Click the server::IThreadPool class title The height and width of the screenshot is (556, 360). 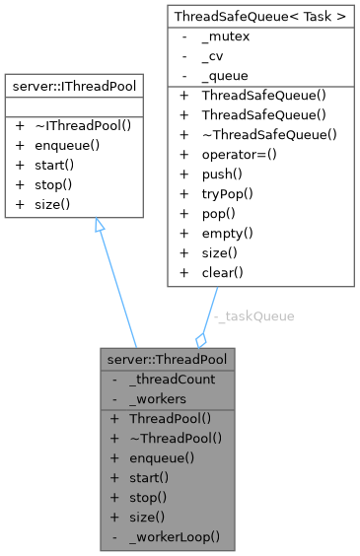75,87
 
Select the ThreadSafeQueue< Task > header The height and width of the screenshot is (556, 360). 260,17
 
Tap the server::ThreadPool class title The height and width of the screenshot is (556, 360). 167,360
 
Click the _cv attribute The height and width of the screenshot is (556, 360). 214,57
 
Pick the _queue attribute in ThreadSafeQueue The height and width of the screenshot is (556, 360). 225,75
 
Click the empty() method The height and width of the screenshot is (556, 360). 228,234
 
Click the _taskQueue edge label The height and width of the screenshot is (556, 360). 254,315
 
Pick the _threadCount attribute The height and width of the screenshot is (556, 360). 172,379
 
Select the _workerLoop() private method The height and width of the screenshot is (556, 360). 174,538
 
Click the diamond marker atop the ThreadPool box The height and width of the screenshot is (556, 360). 201,339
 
